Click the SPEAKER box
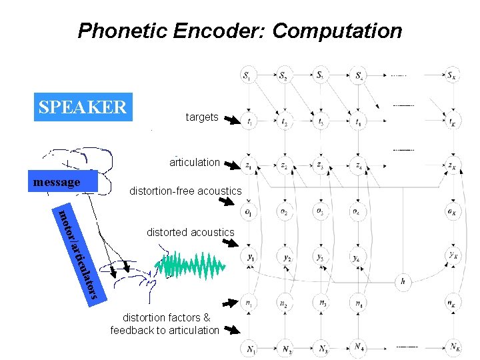pos(83,107)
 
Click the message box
pos(65,182)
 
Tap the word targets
pos(202,117)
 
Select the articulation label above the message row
pos(195,162)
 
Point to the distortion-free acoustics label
pos(185,191)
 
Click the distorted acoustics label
pos(191,233)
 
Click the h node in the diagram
pos(403,282)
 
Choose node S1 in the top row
pos(248,75)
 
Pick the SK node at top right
pos(453,75)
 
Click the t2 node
pos(285,123)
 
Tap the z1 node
pos(248,165)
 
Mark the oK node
pos(453,212)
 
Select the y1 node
pos(249,257)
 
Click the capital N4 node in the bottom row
pos(359,347)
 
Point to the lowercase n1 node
pos(248,303)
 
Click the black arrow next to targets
pos(231,121)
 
